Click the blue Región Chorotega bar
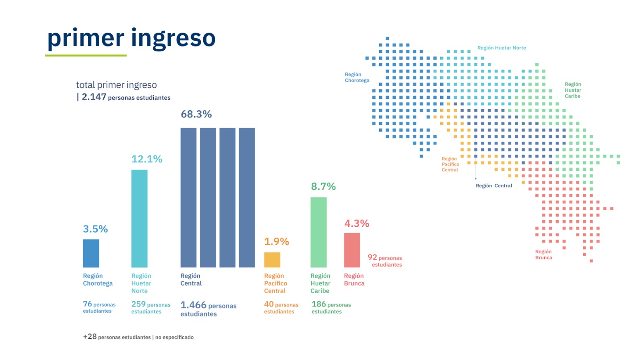tap(91, 253)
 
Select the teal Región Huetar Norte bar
tap(139, 218)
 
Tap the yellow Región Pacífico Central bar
tap(272, 260)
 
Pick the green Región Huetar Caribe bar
tap(318, 232)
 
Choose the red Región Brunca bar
tap(352, 250)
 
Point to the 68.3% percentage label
tap(196, 114)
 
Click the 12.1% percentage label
tap(147, 159)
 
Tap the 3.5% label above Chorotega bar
tap(95, 229)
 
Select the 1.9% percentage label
tap(277, 242)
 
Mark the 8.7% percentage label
tap(323, 186)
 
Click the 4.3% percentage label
tap(357, 223)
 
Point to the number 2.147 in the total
tap(94, 97)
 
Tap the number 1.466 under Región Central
tap(193, 305)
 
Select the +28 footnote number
tap(90, 337)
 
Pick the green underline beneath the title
tap(86, 55)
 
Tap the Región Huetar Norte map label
tap(502, 48)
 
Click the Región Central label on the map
tap(494, 186)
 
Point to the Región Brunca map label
tap(543, 254)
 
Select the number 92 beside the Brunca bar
tap(372, 257)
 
